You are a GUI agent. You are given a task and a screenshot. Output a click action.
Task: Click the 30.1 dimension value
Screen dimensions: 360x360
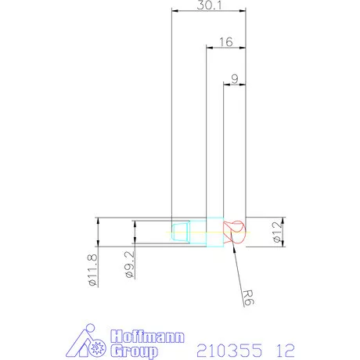pos(209,5)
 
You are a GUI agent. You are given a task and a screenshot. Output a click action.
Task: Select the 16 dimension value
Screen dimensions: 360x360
pos(225,42)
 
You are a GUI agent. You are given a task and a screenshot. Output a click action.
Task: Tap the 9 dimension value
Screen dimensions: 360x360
pos(235,79)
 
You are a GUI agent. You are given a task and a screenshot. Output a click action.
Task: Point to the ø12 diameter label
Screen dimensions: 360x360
pos(278,232)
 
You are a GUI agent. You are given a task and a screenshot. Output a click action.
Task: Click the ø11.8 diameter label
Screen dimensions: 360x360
pos(92,270)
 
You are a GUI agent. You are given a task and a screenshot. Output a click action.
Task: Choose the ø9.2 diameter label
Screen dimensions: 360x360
pos(130,265)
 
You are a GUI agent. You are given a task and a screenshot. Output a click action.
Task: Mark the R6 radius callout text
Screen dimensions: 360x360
pos(247,297)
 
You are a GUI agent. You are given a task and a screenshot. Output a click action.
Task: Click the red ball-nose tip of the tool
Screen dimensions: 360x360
pos(235,232)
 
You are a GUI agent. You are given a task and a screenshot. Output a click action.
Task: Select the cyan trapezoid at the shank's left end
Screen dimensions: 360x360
pos(180,232)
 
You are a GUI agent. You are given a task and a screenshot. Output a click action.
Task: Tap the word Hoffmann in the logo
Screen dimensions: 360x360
pos(147,336)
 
